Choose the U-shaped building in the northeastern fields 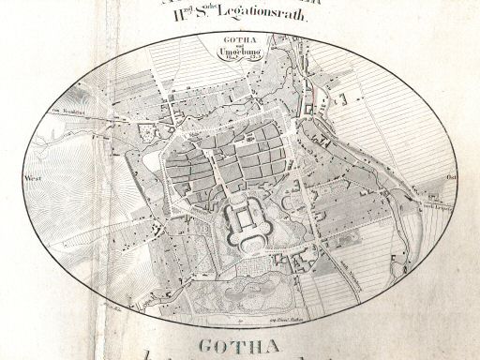click(343, 97)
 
